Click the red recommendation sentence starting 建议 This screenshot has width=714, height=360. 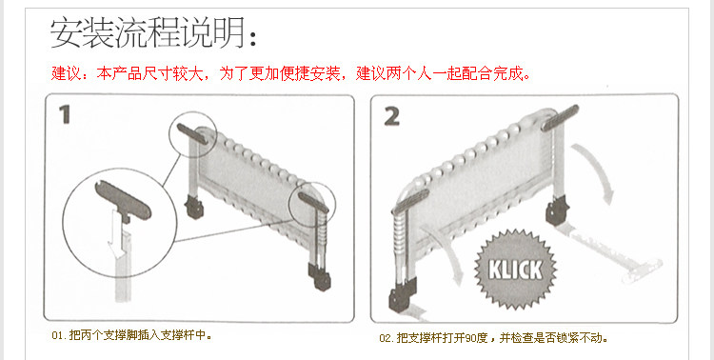(290, 73)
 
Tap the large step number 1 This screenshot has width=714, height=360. (65, 114)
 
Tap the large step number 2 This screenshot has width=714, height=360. (391, 117)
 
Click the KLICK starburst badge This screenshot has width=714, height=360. (515, 270)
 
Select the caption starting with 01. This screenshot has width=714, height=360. (132, 336)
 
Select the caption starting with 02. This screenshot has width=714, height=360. (493, 338)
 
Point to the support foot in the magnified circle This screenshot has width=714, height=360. (123, 201)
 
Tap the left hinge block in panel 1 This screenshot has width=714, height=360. (194, 208)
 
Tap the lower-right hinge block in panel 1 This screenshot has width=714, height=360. (320, 276)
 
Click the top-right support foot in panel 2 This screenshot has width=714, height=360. (560, 117)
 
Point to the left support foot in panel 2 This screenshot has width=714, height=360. (410, 201)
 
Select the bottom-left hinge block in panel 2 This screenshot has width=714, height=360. (402, 295)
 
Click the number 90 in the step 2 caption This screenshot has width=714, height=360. (471, 339)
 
